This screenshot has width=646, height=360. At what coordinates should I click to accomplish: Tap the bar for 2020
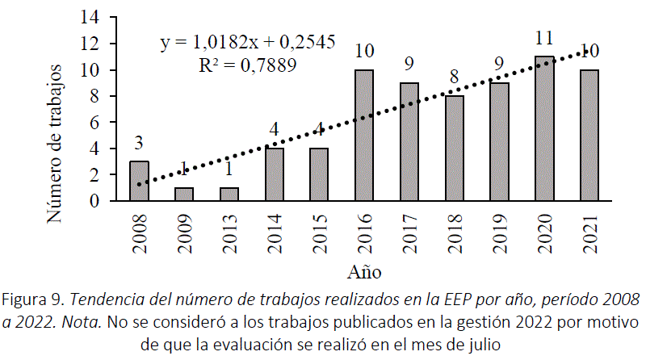[544, 129]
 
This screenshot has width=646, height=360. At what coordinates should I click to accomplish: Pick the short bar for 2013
[229, 195]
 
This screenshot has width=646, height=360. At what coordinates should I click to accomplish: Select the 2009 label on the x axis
[185, 232]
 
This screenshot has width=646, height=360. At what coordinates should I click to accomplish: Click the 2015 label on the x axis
[320, 232]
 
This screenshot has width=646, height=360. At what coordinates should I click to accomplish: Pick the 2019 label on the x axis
[500, 232]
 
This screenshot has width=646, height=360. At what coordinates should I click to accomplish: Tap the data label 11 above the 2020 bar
[544, 37]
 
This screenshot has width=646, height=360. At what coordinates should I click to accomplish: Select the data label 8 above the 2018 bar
[455, 77]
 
